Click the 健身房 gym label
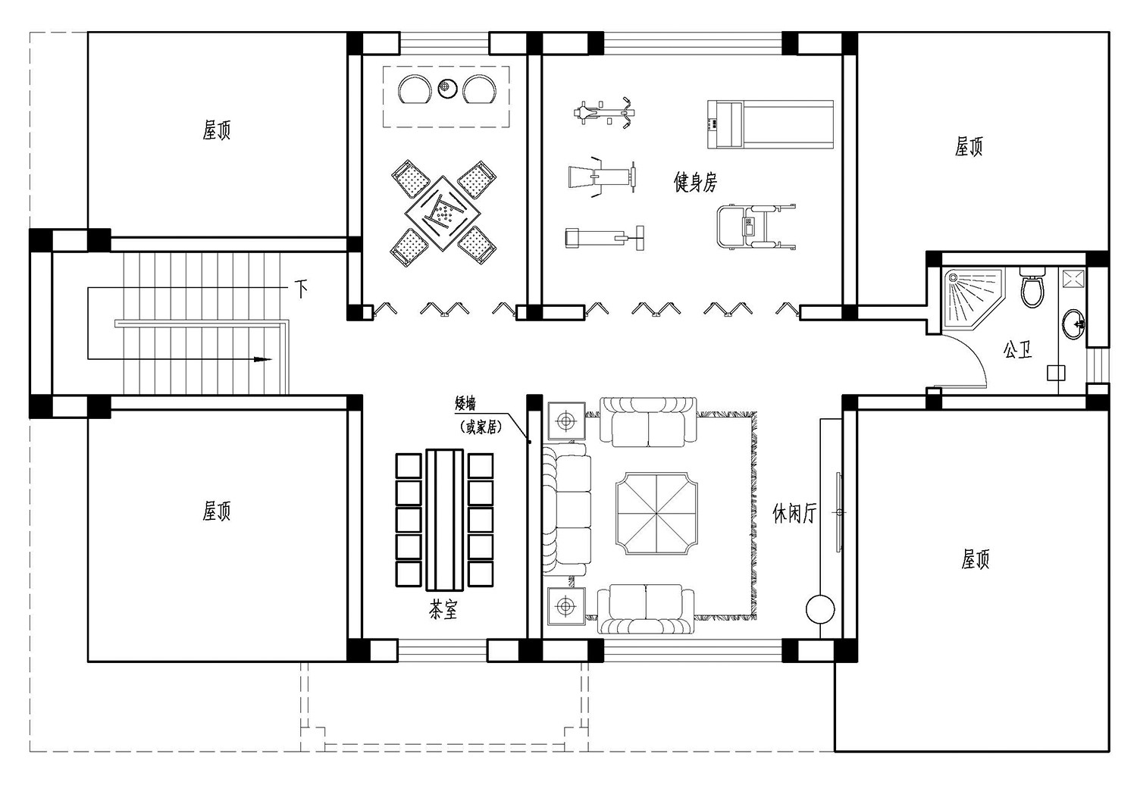pos(695,182)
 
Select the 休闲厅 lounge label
pos(794,513)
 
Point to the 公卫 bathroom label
pos(1017,349)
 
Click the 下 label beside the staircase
pos(302,289)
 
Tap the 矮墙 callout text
pos(465,404)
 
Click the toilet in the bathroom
pos(1032,287)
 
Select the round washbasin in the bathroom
pos(1073,324)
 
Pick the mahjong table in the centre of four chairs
pos(443,213)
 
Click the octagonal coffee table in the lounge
pos(657,513)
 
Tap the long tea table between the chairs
pos(445,520)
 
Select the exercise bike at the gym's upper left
pos(605,111)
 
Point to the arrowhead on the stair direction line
pos(262,359)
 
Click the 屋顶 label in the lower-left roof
pos(216,511)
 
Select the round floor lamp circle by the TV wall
pos(820,609)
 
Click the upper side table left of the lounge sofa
pos(566,421)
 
